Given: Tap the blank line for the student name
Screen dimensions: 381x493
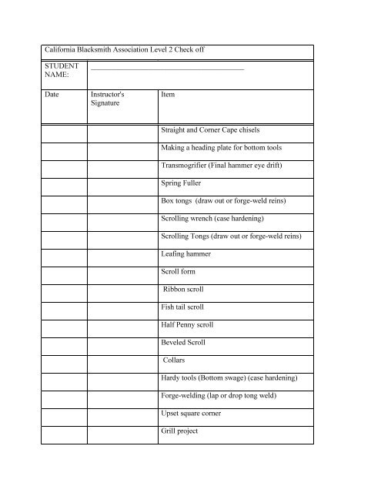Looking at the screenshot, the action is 167,70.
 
